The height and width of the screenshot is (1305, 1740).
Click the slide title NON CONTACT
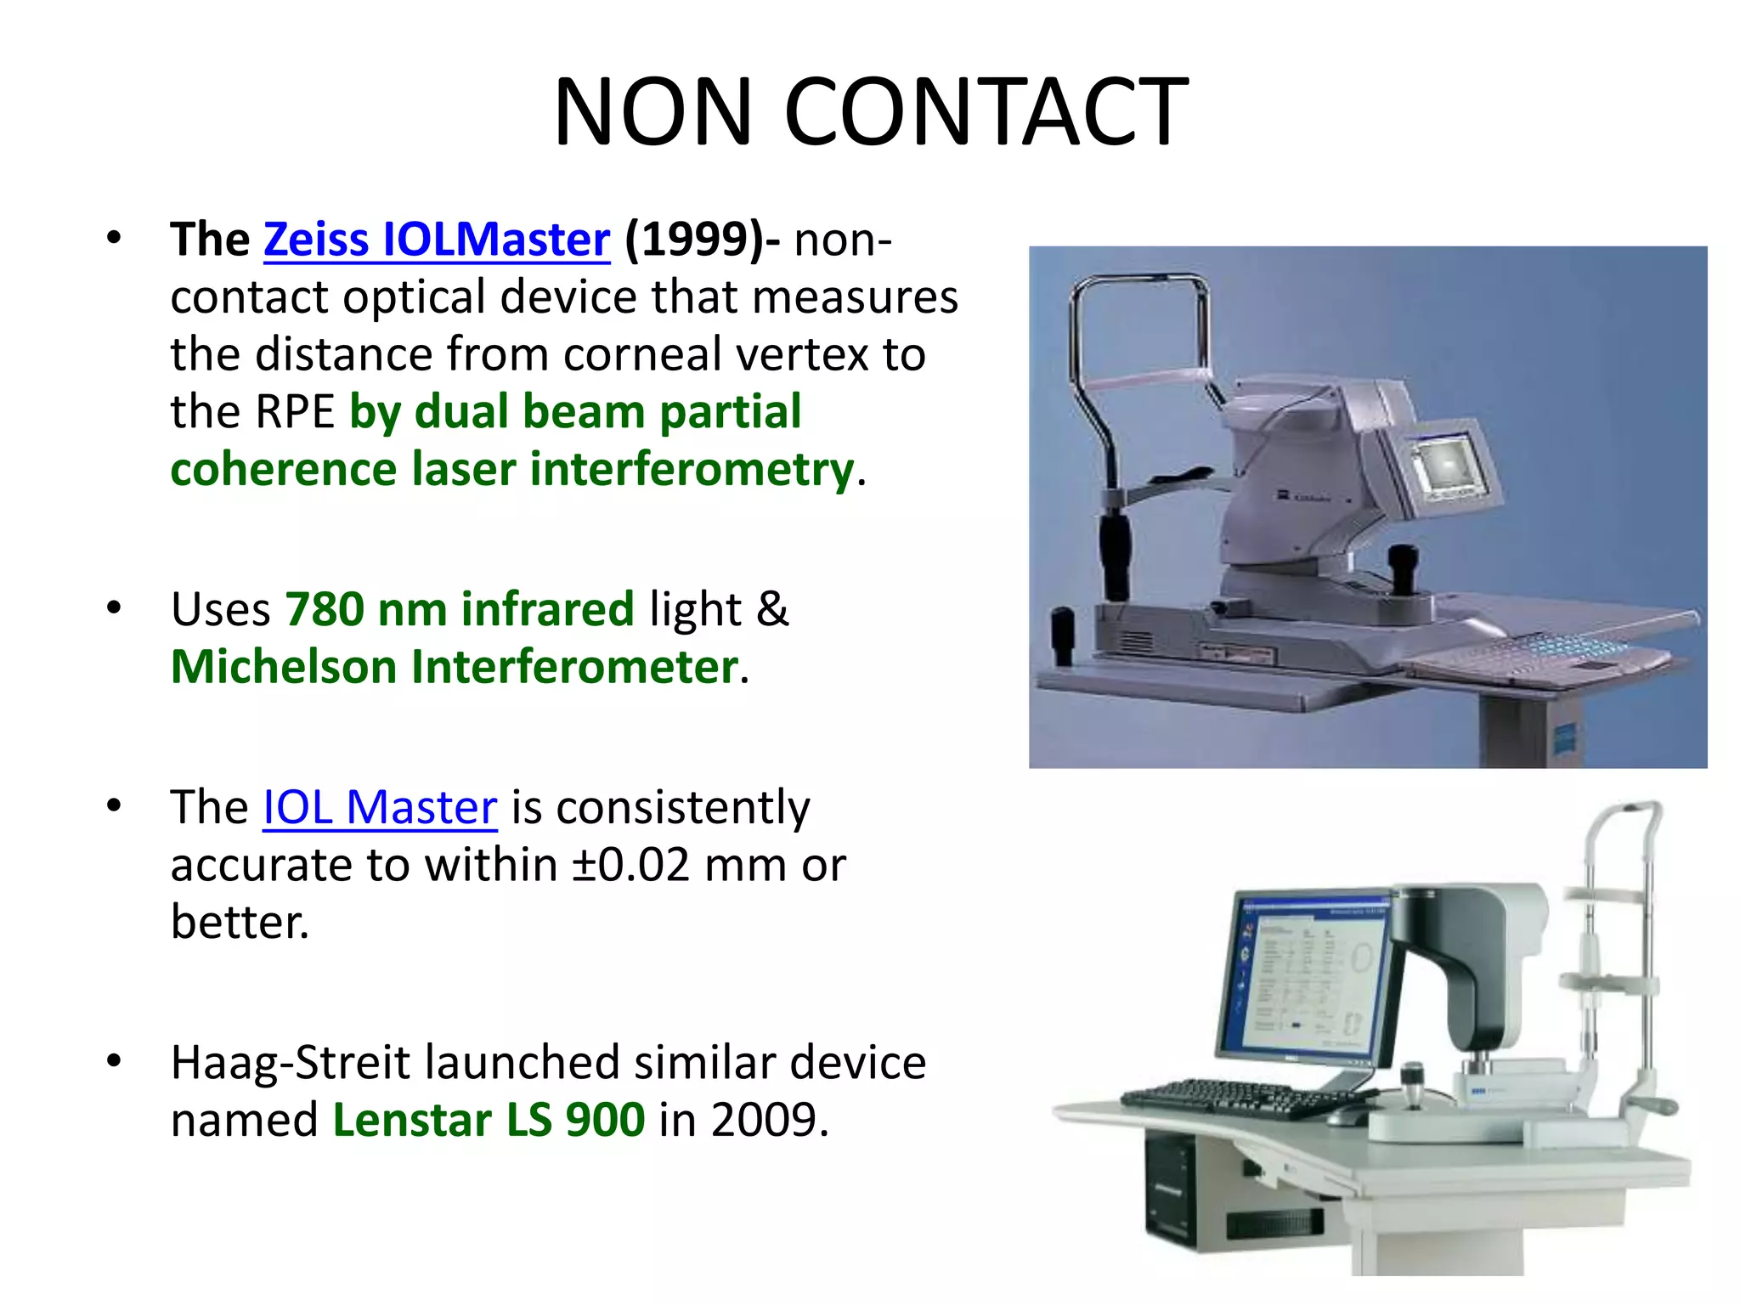[x=870, y=111]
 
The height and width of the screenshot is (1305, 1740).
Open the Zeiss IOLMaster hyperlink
[x=437, y=240]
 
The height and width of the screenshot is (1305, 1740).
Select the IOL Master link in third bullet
[x=380, y=807]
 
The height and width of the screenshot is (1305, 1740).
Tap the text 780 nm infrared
[x=460, y=609]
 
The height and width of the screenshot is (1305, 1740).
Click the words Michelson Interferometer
[x=455, y=667]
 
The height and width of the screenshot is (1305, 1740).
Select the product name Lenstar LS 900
[x=489, y=1120]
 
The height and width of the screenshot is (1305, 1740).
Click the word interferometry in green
[x=692, y=470]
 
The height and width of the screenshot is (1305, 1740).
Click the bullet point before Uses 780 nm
[x=114, y=609]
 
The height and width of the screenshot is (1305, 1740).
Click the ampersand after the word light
[x=772, y=609]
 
